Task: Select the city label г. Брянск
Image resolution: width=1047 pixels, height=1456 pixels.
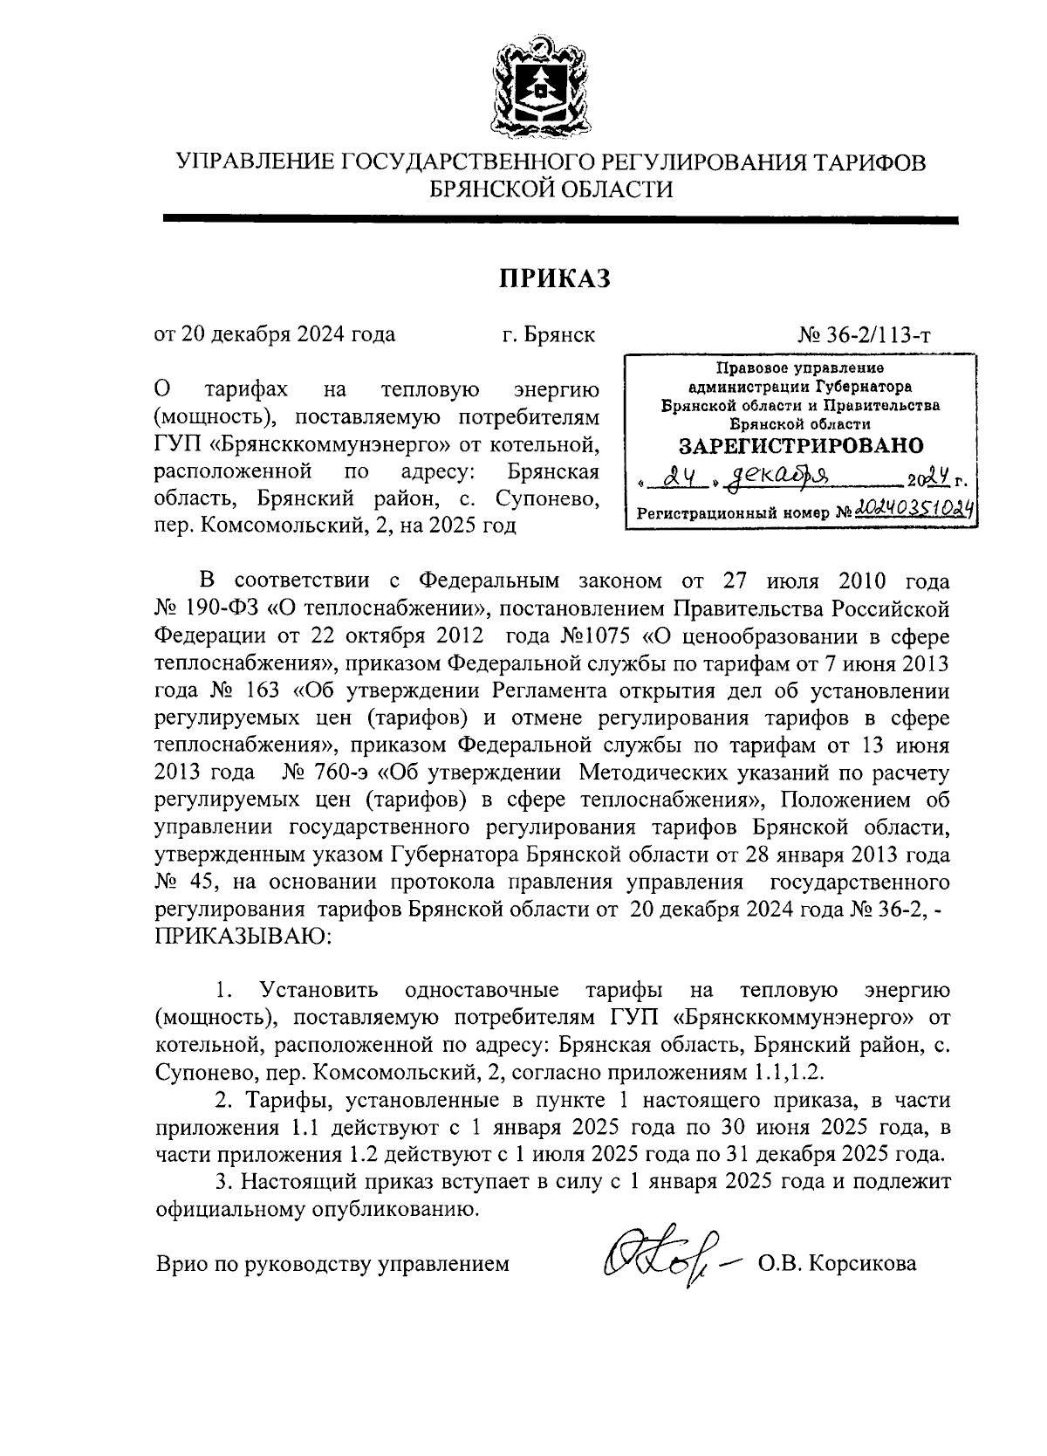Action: (549, 334)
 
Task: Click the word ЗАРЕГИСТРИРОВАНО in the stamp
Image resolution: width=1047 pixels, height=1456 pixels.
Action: (800, 445)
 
